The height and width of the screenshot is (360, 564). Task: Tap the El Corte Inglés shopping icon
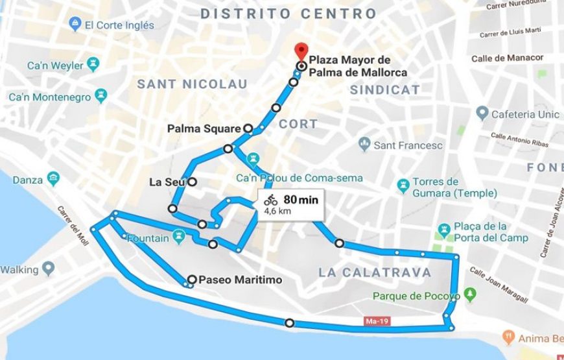pos(75,25)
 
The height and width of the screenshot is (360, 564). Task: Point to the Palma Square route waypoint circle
pos(247,128)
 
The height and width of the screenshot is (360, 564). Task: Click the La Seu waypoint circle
pos(192,182)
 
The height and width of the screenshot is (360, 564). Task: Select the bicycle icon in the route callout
pos(270,200)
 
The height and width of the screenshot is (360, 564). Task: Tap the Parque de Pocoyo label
pos(416,296)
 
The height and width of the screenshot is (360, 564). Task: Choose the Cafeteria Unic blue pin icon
pos(481,114)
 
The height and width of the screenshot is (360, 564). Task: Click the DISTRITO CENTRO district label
pos(288,14)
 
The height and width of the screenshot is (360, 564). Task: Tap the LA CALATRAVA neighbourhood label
pos(375,272)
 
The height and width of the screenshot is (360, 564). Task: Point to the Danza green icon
pos(54,179)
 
